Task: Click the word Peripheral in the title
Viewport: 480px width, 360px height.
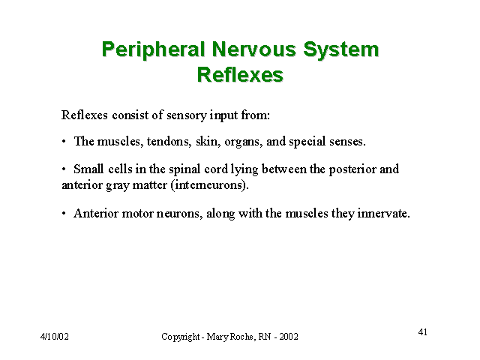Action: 153,49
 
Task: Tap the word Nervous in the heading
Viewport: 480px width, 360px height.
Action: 253,49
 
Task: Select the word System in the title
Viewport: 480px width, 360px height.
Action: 341,49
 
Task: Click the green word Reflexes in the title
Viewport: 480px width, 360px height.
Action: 240,74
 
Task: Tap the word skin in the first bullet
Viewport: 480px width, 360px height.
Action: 208,141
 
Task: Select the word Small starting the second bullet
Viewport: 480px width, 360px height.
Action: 88,169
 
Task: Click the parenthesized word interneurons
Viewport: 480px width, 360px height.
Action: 210,185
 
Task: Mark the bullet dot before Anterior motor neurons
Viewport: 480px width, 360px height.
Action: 64,214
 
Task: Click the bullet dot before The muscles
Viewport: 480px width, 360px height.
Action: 64,142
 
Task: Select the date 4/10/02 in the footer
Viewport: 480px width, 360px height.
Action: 55,337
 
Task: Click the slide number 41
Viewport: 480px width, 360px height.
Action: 423,332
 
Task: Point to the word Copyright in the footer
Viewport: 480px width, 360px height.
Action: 180,337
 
